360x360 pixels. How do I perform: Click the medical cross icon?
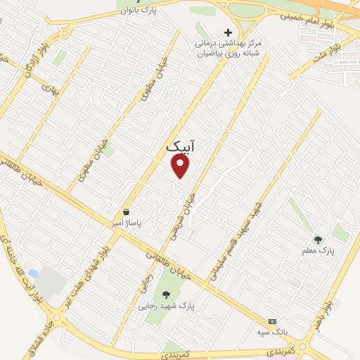(227, 32)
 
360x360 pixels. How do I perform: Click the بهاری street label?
(48, 89)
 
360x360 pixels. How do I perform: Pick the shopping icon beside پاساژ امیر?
(126, 212)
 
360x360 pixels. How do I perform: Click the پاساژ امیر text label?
(129, 223)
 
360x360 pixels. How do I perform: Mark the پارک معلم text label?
(320, 250)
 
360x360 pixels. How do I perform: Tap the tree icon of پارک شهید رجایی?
(166, 294)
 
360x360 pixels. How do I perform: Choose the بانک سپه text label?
(273, 330)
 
